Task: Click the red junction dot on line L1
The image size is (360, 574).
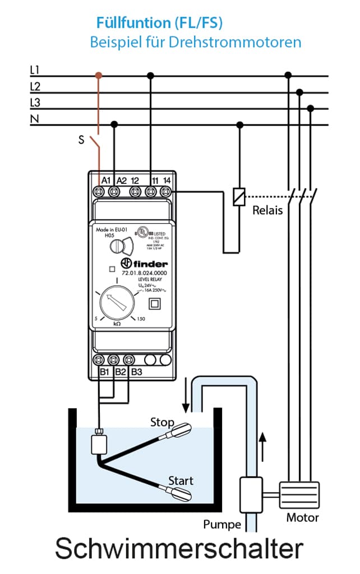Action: click(x=99, y=75)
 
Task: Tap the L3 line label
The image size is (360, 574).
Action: click(x=35, y=103)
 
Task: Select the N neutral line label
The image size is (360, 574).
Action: click(x=34, y=119)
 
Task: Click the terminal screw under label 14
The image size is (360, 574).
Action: click(x=166, y=192)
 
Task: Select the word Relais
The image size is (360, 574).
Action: click(x=267, y=211)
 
